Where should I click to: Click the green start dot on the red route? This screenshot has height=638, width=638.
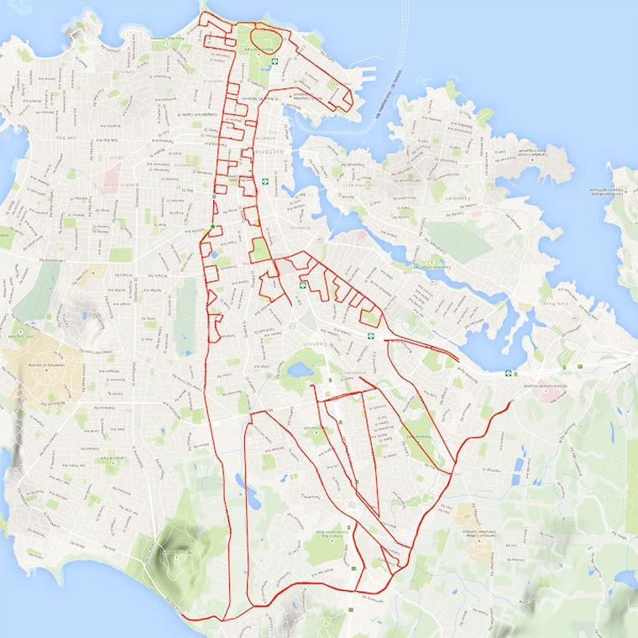pyautogui.click(x=213, y=227)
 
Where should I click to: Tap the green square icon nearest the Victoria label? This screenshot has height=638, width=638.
pyautogui.click(x=265, y=179)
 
